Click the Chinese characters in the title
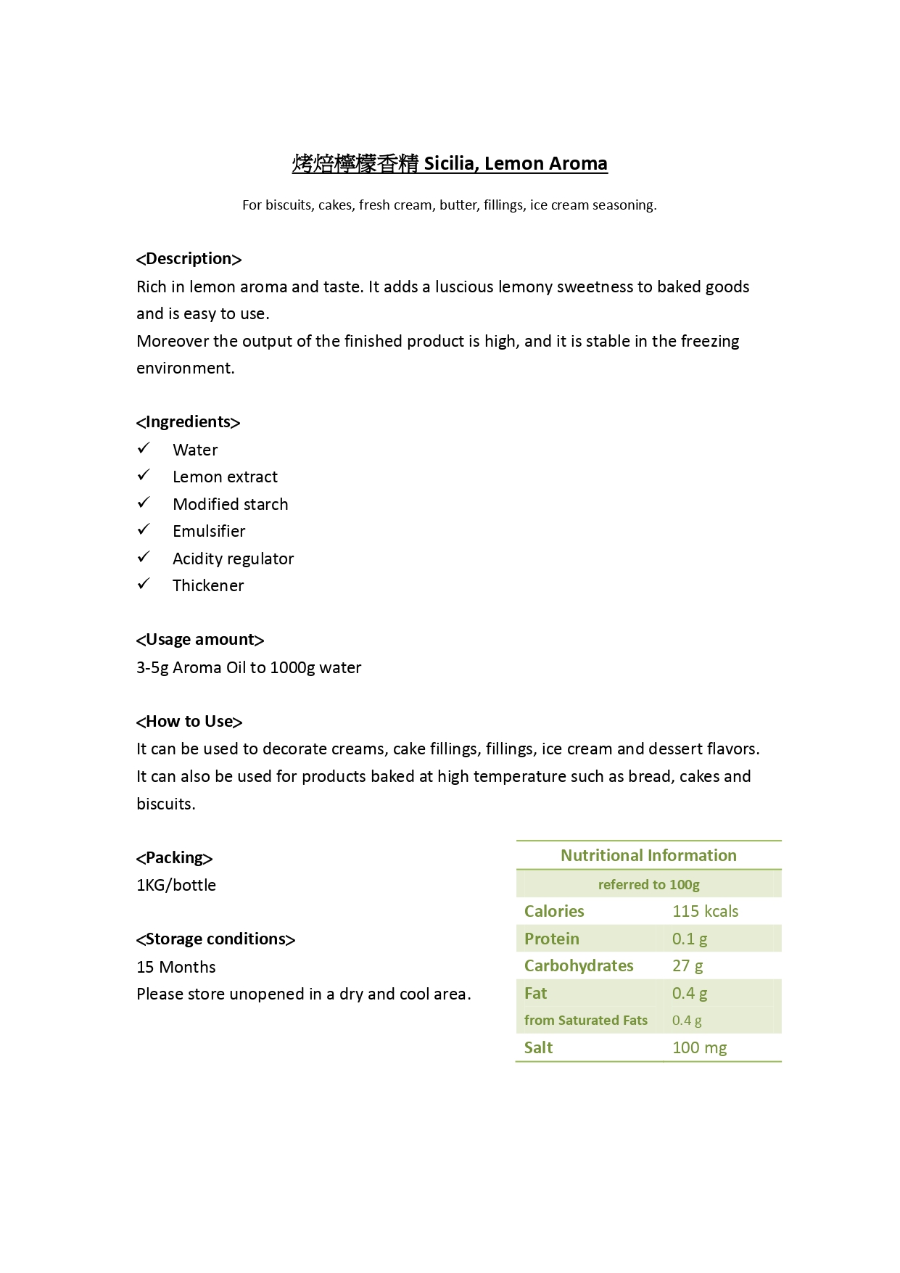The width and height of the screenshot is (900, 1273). [355, 164]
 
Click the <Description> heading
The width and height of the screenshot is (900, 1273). [189, 259]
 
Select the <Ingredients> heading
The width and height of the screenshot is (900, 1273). [188, 422]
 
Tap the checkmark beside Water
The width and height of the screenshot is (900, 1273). [144, 448]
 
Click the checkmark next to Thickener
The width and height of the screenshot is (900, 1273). [144, 584]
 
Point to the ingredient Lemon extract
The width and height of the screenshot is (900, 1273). [225, 477]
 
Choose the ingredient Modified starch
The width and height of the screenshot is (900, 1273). [230, 504]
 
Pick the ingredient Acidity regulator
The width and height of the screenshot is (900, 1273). [233, 559]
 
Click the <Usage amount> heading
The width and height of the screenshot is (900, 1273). [199, 640]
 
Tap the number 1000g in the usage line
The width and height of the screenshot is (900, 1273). [292, 668]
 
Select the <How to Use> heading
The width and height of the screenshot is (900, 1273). [189, 722]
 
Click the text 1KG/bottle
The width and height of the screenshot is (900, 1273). [176, 886]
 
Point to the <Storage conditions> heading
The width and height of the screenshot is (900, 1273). [215, 939]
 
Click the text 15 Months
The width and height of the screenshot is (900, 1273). [176, 968]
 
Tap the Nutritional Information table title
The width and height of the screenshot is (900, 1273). [648, 856]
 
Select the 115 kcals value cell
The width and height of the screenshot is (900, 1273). [705, 912]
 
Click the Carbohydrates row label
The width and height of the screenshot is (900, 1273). [579, 966]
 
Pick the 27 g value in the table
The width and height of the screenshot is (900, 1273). [688, 966]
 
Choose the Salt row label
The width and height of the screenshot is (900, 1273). [538, 1048]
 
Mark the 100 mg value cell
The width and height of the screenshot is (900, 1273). [699, 1048]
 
